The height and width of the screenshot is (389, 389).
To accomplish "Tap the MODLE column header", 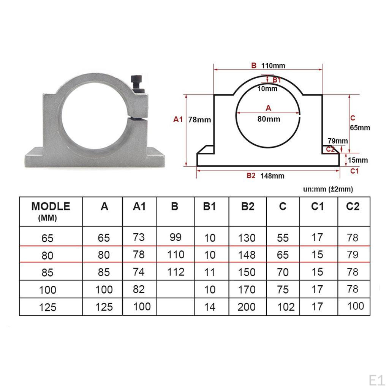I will [51, 207].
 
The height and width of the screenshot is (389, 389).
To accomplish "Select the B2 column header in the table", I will [248, 206].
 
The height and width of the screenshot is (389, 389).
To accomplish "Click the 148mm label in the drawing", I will [272, 176].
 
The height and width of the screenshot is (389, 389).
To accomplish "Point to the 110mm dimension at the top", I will [273, 66].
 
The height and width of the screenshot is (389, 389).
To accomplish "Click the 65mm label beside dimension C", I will [360, 128].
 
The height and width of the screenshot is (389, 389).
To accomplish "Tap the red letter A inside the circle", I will [268, 108].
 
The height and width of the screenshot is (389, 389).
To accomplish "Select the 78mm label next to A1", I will [199, 120].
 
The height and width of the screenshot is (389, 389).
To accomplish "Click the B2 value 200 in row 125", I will [247, 307].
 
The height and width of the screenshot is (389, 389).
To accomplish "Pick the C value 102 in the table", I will [286, 307].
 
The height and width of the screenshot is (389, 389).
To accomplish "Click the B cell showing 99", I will [176, 237].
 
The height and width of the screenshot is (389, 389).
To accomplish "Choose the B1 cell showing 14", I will [210, 307].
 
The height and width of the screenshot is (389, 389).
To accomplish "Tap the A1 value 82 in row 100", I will [139, 289].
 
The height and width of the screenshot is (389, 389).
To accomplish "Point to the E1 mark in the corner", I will [377, 380].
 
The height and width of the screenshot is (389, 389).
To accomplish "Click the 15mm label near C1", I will [358, 160].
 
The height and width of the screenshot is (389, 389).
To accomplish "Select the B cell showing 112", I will [176, 272].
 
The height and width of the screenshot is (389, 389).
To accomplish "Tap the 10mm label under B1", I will [267, 89].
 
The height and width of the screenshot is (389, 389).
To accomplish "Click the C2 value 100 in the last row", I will [355, 306].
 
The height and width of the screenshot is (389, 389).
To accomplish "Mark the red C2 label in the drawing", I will [330, 149].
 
